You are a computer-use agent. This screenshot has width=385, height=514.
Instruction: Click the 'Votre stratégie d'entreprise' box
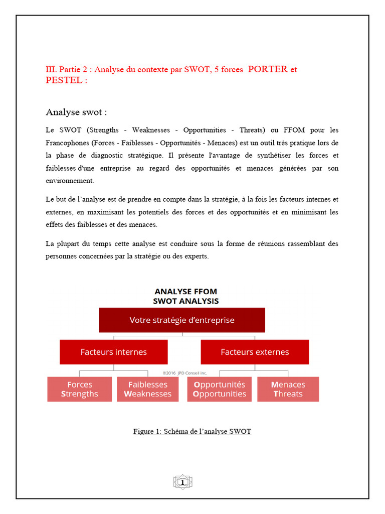pos(182,320)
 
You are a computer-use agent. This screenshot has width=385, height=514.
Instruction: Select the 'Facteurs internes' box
pos(114,352)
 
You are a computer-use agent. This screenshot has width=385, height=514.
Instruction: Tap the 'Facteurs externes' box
pos(255,352)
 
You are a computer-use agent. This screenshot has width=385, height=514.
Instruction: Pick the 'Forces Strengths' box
pos(79,389)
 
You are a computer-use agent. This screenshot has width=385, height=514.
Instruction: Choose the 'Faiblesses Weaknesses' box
pos(148,389)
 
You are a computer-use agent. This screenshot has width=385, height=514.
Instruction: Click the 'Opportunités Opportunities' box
pos(220,389)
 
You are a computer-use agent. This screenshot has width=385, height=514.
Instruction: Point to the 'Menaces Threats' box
pos(288,389)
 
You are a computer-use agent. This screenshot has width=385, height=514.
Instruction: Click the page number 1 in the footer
pos(182,482)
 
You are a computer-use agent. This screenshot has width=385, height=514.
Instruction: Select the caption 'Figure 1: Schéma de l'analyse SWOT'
pos(192,431)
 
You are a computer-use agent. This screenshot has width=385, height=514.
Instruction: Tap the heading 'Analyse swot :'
pos(76,111)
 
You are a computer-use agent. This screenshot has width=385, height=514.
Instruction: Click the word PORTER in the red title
pos(268,69)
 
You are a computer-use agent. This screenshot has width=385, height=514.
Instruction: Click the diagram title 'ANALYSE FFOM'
pos(185,292)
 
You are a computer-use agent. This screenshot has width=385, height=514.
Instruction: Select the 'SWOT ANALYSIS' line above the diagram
pos(185,301)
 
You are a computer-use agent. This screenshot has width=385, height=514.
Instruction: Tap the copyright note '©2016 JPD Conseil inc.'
pos(184,373)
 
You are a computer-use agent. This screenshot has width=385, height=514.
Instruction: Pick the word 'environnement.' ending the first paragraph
pos(70,180)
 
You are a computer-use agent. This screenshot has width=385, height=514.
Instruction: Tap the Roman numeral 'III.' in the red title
pos(52,69)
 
